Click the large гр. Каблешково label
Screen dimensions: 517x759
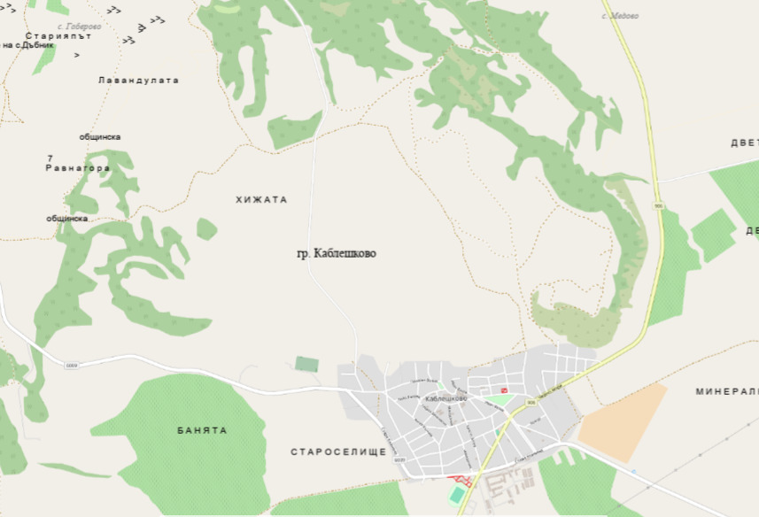(x=337, y=253)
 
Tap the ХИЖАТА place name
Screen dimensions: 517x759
(x=262, y=200)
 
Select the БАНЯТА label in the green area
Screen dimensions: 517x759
(x=202, y=430)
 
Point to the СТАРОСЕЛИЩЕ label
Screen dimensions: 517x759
(x=338, y=452)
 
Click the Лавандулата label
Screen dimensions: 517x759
(x=138, y=81)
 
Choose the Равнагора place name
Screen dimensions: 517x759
(x=78, y=168)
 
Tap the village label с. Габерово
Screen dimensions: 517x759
(x=77, y=27)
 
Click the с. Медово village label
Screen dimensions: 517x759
(x=620, y=16)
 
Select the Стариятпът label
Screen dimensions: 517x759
(x=59, y=36)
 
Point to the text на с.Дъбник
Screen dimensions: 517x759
(x=35, y=45)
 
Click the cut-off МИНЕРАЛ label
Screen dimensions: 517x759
(x=727, y=391)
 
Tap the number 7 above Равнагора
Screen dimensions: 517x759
(x=50, y=158)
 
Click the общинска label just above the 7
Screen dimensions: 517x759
(x=100, y=137)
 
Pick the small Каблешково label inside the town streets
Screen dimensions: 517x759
(x=445, y=398)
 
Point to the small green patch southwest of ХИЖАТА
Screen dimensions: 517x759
(x=206, y=229)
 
